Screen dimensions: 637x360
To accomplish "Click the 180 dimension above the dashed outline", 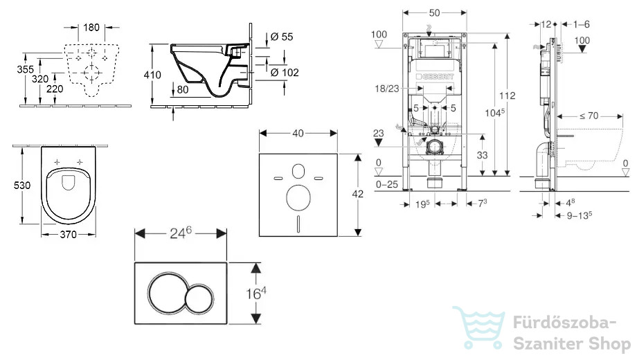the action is (91, 27).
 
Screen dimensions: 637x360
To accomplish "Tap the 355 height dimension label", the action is (25, 69).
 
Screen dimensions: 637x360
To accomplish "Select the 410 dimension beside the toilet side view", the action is (152, 75).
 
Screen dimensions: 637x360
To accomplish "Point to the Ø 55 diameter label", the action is (282, 37).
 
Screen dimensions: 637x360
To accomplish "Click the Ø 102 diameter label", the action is (285, 72).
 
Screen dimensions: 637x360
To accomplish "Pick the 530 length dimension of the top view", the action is (22, 186).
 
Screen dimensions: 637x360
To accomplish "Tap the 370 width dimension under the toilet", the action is (69, 235).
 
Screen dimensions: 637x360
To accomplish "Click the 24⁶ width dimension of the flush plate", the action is (181, 233).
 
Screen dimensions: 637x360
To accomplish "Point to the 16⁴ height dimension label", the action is (256, 293).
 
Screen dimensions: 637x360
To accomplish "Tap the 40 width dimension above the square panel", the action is (298, 134).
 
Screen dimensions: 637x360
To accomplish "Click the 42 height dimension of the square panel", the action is (357, 195).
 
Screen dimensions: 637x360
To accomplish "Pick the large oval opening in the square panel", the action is (298, 198).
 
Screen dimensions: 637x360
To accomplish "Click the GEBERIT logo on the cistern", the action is (435, 77).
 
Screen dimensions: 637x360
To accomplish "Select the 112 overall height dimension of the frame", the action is (508, 96).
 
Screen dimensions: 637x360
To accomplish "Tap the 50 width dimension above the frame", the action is (434, 13).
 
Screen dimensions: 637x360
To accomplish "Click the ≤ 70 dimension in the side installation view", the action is (589, 116).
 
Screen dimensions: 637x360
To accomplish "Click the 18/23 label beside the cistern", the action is (387, 89).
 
